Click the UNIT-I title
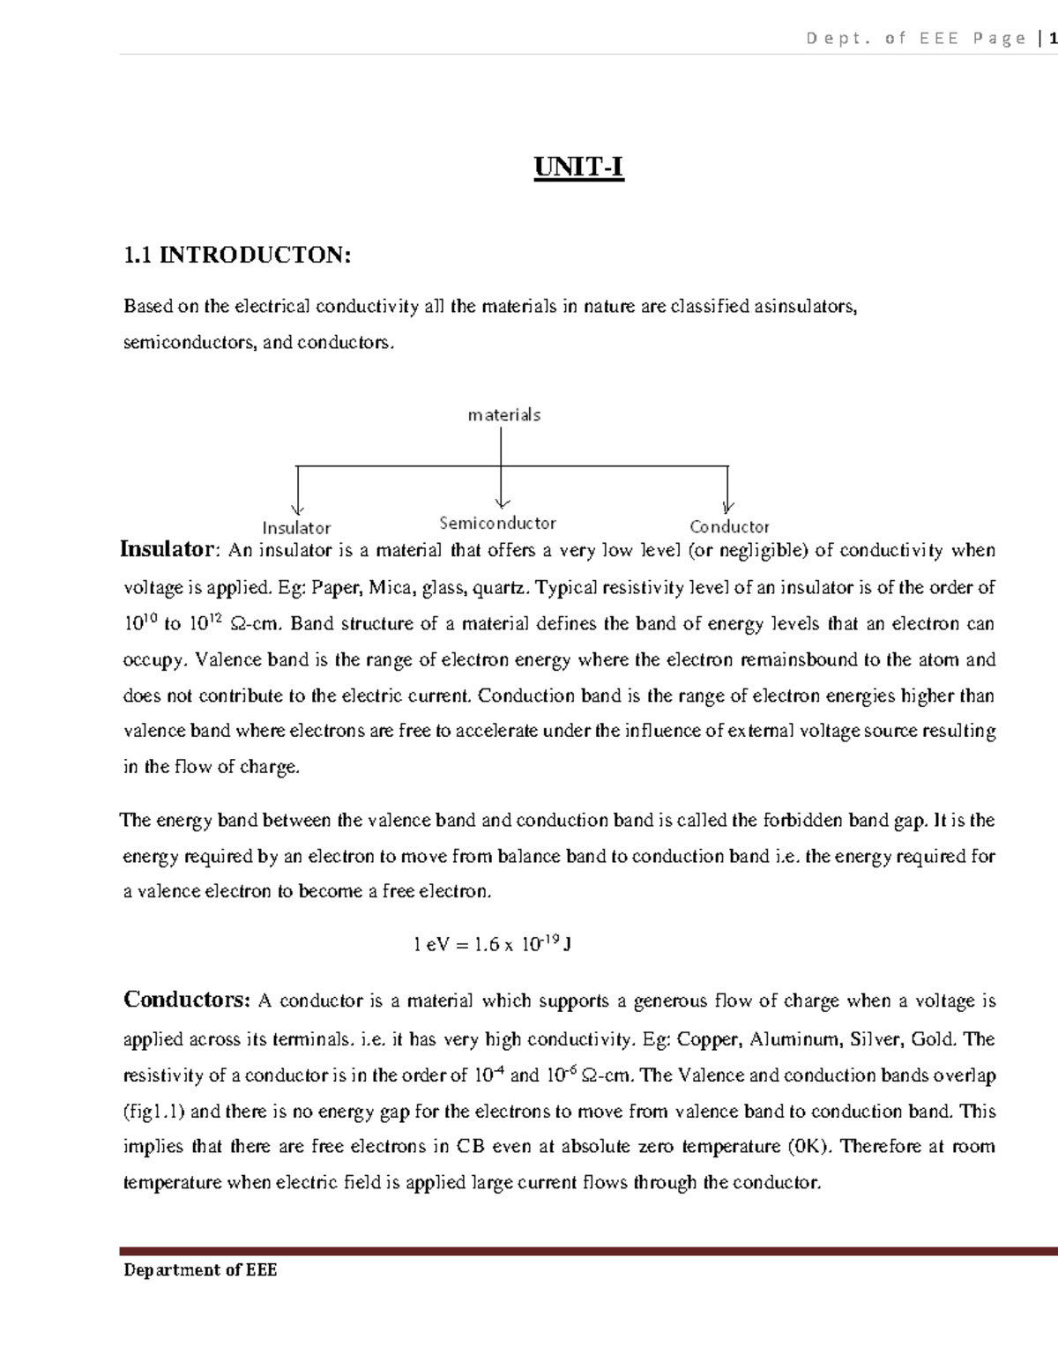point(578,167)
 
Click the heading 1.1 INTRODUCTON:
point(237,256)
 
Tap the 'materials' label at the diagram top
point(503,414)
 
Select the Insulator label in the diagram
point(296,528)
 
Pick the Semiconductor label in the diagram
point(497,523)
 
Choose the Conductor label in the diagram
point(729,526)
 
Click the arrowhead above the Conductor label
point(727,506)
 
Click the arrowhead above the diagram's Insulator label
point(298,506)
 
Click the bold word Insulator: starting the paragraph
point(168,550)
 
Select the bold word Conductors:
point(187,1000)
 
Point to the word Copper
point(708,1039)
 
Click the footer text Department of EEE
point(200,1270)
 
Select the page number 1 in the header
point(1052,38)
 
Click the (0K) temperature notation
point(808,1147)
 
